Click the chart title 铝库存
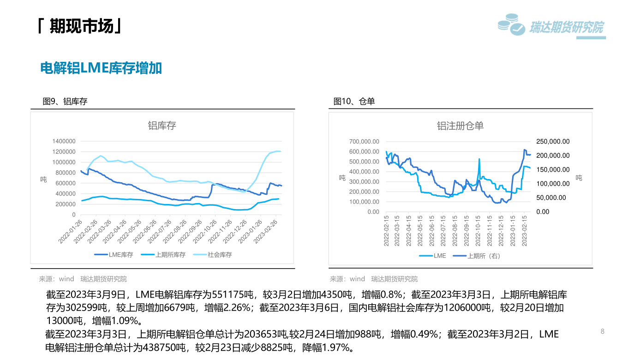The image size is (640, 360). click(162, 126)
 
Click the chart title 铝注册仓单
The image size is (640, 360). click(460, 126)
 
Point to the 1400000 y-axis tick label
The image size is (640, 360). click(64, 141)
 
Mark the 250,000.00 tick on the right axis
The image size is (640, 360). click(553, 142)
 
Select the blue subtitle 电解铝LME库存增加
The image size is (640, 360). click(101, 68)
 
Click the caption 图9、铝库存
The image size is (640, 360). click(65, 102)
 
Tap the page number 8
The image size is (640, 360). click(602, 331)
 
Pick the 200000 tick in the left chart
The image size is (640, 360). click(65, 204)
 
